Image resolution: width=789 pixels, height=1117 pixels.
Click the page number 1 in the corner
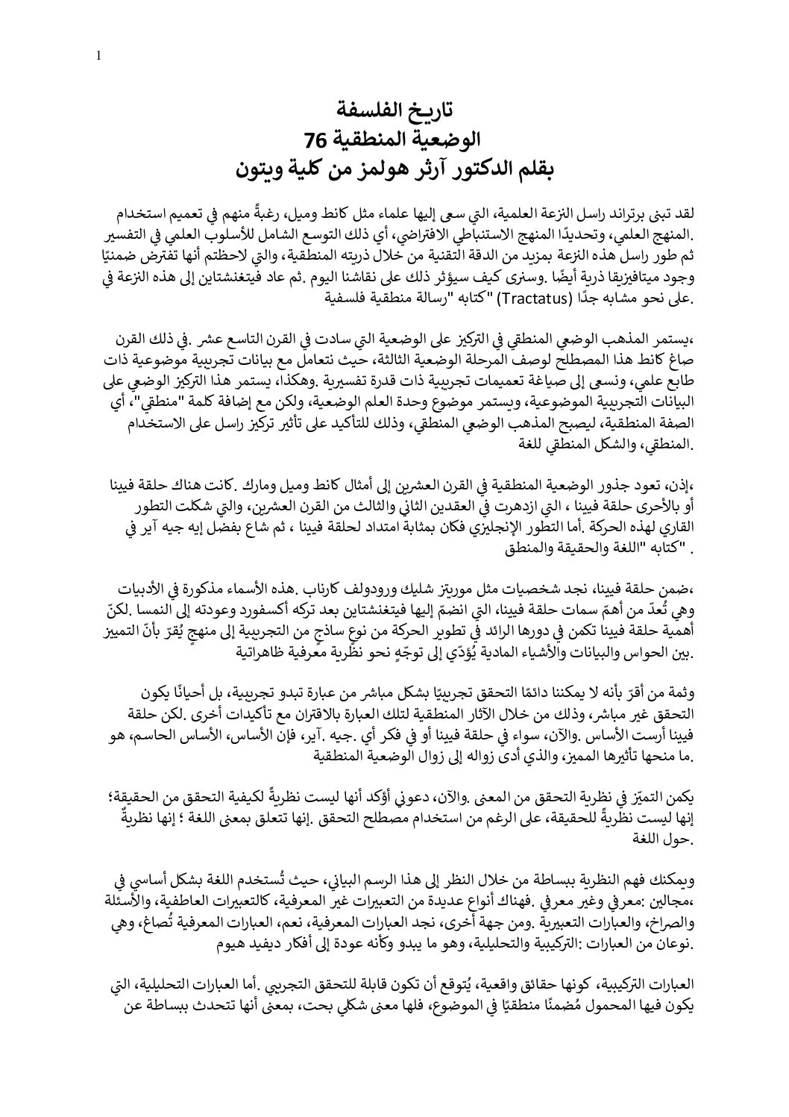click(98, 55)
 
